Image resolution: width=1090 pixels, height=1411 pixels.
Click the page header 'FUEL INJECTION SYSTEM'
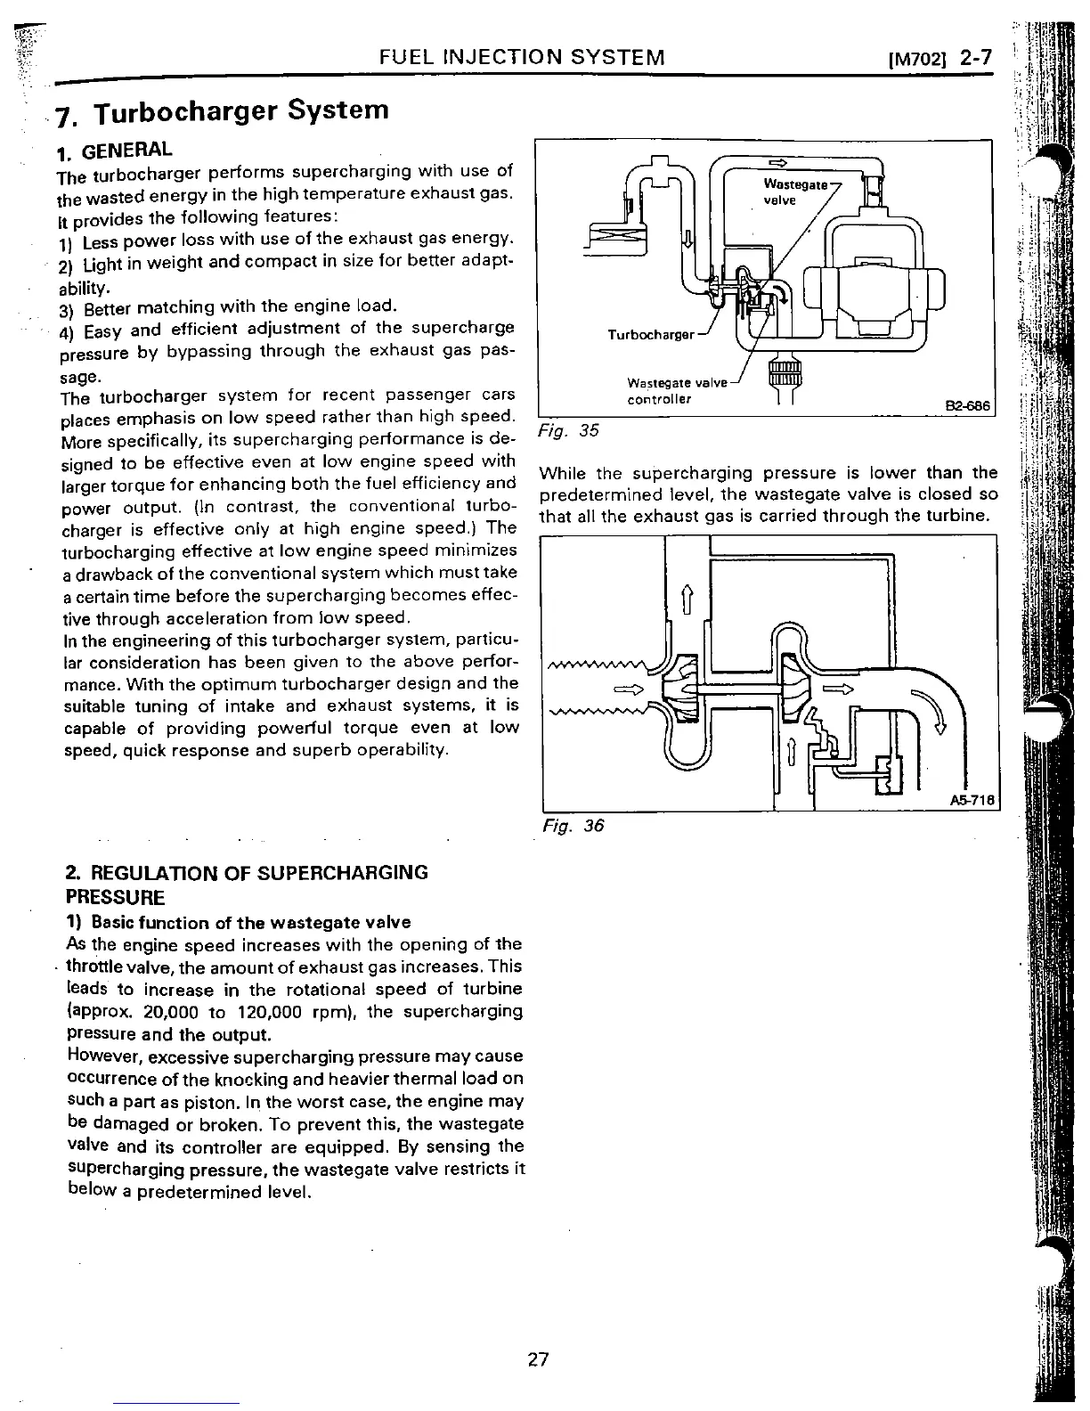[522, 59]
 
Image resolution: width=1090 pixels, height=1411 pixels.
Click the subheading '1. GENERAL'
[114, 149]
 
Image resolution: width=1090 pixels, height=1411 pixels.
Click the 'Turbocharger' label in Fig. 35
[651, 335]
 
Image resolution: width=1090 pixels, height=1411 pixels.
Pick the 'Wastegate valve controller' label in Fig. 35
[677, 391]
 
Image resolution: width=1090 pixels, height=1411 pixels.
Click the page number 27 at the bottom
[538, 1359]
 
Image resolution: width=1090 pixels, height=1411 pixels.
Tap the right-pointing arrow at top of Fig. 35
[777, 162]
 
